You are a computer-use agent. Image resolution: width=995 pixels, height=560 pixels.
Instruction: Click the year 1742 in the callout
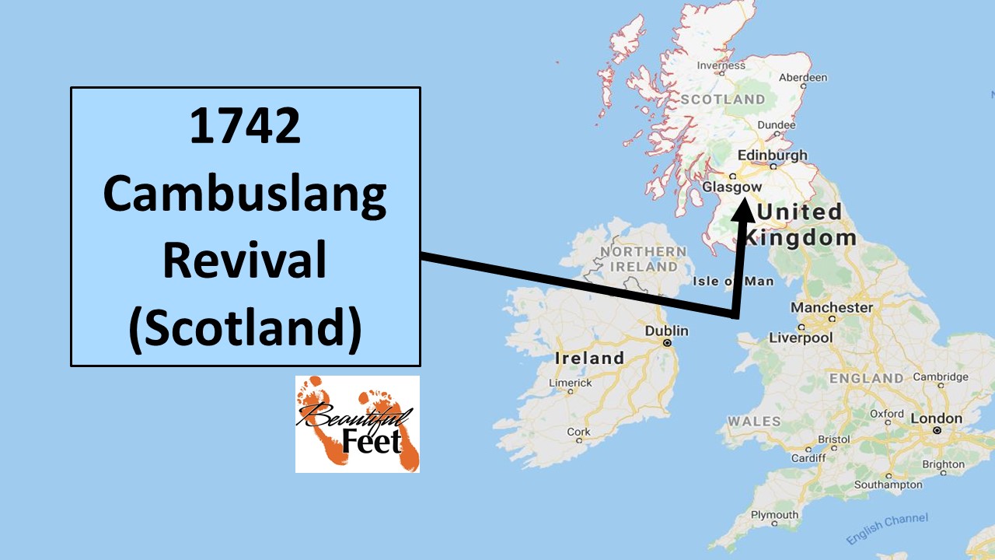click(245, 127)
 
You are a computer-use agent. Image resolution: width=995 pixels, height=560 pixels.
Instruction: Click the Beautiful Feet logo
click(357, 424)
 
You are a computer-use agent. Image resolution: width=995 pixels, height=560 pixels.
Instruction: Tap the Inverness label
click(721, 65)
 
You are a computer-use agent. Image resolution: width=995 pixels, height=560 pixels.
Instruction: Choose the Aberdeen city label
click(803, 77)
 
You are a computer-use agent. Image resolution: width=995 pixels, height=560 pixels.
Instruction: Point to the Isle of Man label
click(733, 281)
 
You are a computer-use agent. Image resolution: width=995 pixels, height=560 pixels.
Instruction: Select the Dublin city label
click(666, 331)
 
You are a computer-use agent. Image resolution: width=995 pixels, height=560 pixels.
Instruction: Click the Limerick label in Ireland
click(570, 383)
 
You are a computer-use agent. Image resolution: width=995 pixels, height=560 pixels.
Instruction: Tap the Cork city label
click(578, 432)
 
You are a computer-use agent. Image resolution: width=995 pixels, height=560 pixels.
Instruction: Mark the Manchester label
click(831, 307)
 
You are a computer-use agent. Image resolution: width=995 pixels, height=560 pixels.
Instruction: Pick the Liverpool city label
click(800, 338)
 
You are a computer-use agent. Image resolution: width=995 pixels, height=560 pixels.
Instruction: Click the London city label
click(936, 418)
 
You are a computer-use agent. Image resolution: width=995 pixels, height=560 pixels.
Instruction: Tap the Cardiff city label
click(808, 457)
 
